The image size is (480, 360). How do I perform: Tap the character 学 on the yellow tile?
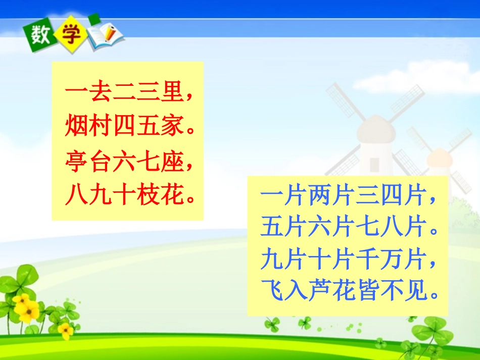pyautogui.click(x=68, y=34)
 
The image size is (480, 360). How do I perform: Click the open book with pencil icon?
pyautogui.click(x=106, y=37)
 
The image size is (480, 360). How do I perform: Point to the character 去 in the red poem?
pyautogui.click(x=101, y=94)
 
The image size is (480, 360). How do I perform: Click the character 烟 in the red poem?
pyautogui.click(x=76, y=128)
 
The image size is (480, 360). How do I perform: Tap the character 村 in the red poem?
pyautogui.click(x=101, y=128)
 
